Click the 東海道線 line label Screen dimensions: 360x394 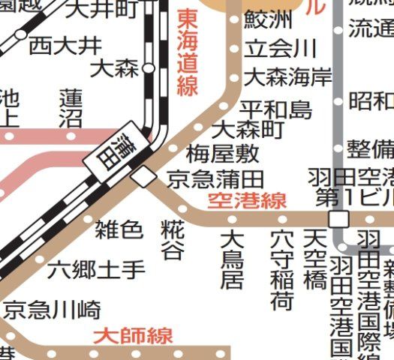[188, 53]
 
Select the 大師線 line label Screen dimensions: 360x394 [133, 335]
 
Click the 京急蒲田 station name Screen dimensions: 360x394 [215, 179]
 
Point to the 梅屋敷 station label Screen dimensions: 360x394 [223, 154]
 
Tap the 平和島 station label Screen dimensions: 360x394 [275, 109]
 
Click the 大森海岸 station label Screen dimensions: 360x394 [289, 76]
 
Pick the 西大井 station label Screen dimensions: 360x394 [65, 45]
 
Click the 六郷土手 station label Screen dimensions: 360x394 [96, 268]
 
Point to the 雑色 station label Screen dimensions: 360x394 [119, 229]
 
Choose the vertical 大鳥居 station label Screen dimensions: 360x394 [232, 259]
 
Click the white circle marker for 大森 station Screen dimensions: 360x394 [149, 68]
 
